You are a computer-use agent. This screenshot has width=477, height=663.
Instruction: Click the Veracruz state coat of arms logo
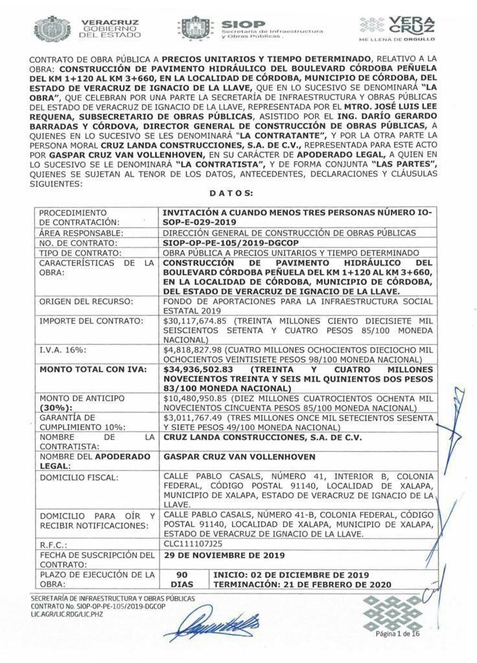[x=53, y=28]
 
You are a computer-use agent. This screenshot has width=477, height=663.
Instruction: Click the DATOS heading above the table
[x=231, y=193]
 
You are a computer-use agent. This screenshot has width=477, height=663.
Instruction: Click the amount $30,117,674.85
[x=196, y=320]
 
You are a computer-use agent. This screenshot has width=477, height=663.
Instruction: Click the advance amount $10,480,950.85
[x=196, y=399]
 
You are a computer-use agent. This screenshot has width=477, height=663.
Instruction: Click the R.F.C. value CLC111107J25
[x=191, y=545]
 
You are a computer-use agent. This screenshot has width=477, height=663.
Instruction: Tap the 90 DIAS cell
[x=182, y=579]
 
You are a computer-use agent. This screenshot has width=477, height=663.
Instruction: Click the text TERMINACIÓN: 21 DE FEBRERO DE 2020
[x=301, y=584]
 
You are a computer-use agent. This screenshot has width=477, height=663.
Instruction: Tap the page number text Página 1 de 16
[x=398, y=634]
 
